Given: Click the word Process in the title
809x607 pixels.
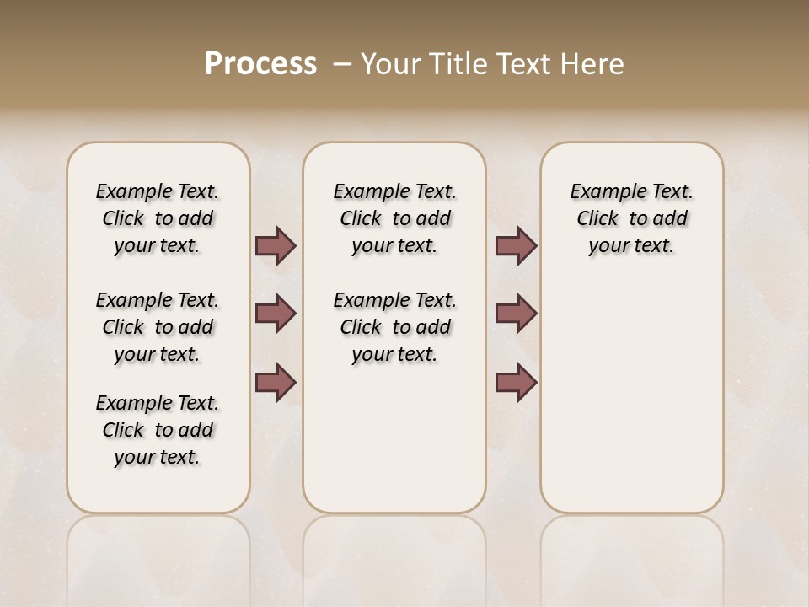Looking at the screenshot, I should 260,64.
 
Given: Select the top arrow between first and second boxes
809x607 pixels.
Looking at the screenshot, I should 276,246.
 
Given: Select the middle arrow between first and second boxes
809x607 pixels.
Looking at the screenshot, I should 276,314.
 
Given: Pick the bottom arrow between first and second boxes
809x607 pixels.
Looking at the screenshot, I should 276,383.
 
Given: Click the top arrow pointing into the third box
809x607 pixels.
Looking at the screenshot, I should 516,246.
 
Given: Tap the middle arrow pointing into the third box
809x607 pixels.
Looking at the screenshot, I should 516,314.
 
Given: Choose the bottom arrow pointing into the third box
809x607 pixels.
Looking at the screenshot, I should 516,383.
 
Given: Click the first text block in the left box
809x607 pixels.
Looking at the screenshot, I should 158,218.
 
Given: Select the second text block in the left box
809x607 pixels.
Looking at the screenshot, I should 158,327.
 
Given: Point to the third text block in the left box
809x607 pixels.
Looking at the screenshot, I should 158,430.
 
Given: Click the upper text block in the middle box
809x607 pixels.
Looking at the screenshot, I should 394,218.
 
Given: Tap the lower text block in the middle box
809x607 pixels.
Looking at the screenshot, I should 394,327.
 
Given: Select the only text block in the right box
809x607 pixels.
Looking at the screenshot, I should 631,218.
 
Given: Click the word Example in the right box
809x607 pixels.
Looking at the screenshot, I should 603,192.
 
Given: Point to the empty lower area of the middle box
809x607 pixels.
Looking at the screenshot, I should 394,438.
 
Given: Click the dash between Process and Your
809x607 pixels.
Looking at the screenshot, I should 342,64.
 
